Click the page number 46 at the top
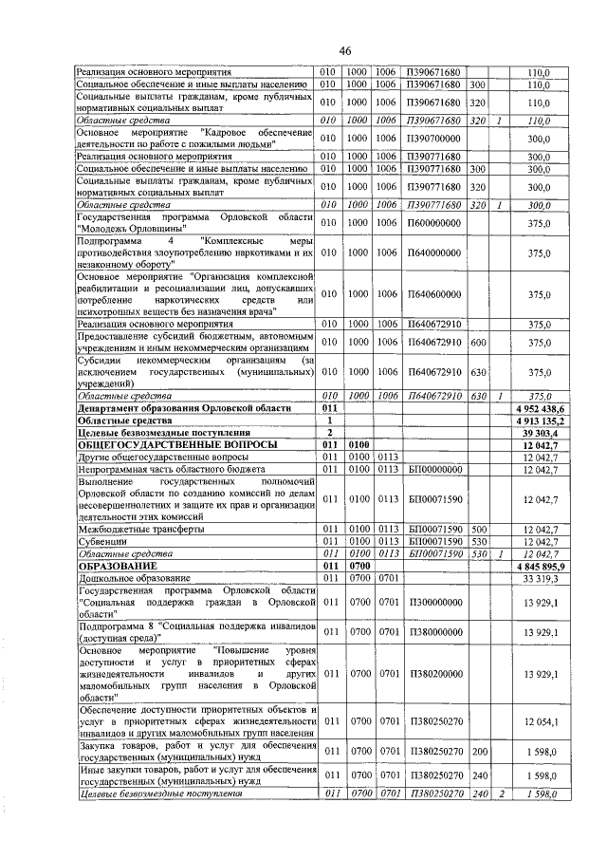pyautogui.click(x=344, y=50)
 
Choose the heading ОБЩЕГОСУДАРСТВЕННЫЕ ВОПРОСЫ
pyautogui.click(x=177, y=443)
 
